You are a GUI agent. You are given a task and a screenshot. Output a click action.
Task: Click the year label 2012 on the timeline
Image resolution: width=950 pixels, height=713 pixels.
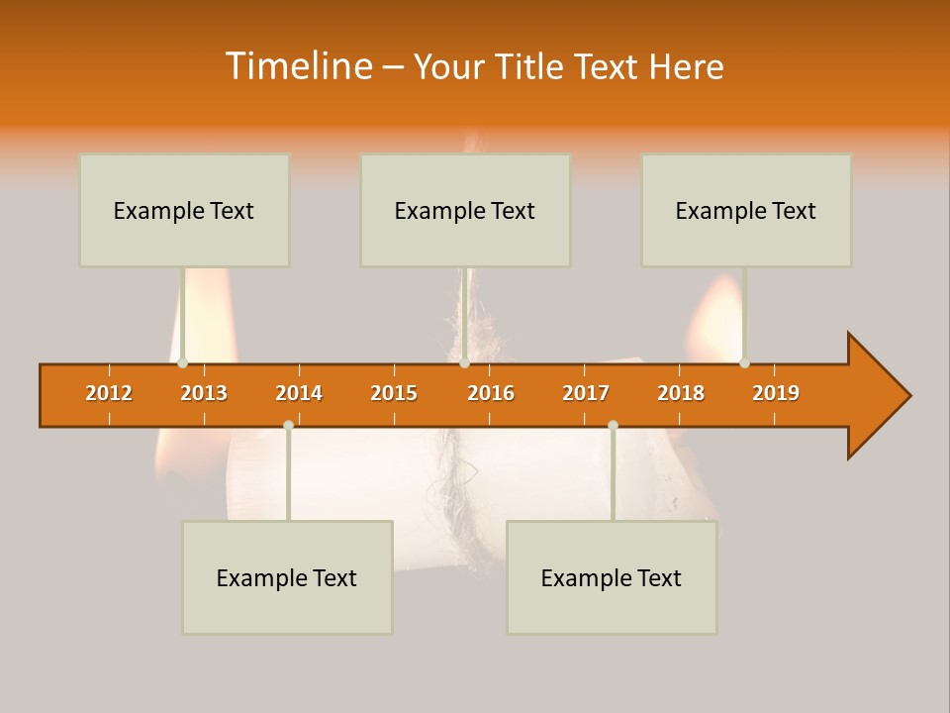(109, 393)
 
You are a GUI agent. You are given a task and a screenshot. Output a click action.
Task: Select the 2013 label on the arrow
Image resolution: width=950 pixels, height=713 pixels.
(204, 393)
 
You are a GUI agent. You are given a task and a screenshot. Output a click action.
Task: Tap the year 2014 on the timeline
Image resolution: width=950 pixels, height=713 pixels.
(299, 393)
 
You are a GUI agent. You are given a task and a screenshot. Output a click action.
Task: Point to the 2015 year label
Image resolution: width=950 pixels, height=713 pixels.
(394, 393)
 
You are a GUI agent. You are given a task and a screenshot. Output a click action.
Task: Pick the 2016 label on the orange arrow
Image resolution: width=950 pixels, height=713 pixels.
(491, 393)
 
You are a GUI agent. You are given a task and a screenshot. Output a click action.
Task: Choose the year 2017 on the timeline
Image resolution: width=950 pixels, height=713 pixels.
(586, 393)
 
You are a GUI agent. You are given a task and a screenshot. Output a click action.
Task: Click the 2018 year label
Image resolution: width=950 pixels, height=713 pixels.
(681, 393)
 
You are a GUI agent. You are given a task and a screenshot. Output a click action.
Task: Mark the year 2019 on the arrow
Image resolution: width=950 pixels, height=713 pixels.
(776, 393)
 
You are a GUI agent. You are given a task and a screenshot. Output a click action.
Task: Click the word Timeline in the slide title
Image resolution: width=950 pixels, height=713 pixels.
(297, 66)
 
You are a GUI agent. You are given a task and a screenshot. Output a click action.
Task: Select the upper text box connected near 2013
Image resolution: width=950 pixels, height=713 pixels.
(184, 210)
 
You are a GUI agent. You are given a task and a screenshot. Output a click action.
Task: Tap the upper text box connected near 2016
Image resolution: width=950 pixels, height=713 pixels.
(465, 210)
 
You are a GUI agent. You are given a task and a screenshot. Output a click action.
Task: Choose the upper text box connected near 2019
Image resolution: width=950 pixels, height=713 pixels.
(746, 210)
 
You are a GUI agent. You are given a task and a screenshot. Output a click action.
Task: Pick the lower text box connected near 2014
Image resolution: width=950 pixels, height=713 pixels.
(287, 577)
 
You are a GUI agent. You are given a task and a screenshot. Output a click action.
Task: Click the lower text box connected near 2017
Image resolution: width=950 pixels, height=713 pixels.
(612, 577)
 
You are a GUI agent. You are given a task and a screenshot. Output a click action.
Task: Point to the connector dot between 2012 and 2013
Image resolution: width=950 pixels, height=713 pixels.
(182, 363)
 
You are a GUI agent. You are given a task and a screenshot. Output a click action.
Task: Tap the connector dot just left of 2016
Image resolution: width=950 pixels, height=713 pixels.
(464, 363)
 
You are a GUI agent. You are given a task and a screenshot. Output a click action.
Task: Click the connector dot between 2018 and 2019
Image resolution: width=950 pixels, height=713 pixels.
(744, 363)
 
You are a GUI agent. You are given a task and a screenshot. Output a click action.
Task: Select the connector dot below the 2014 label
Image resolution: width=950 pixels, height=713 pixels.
(288, 425)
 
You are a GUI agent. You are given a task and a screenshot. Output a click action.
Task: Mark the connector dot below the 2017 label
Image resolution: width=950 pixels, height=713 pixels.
(613, 425)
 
